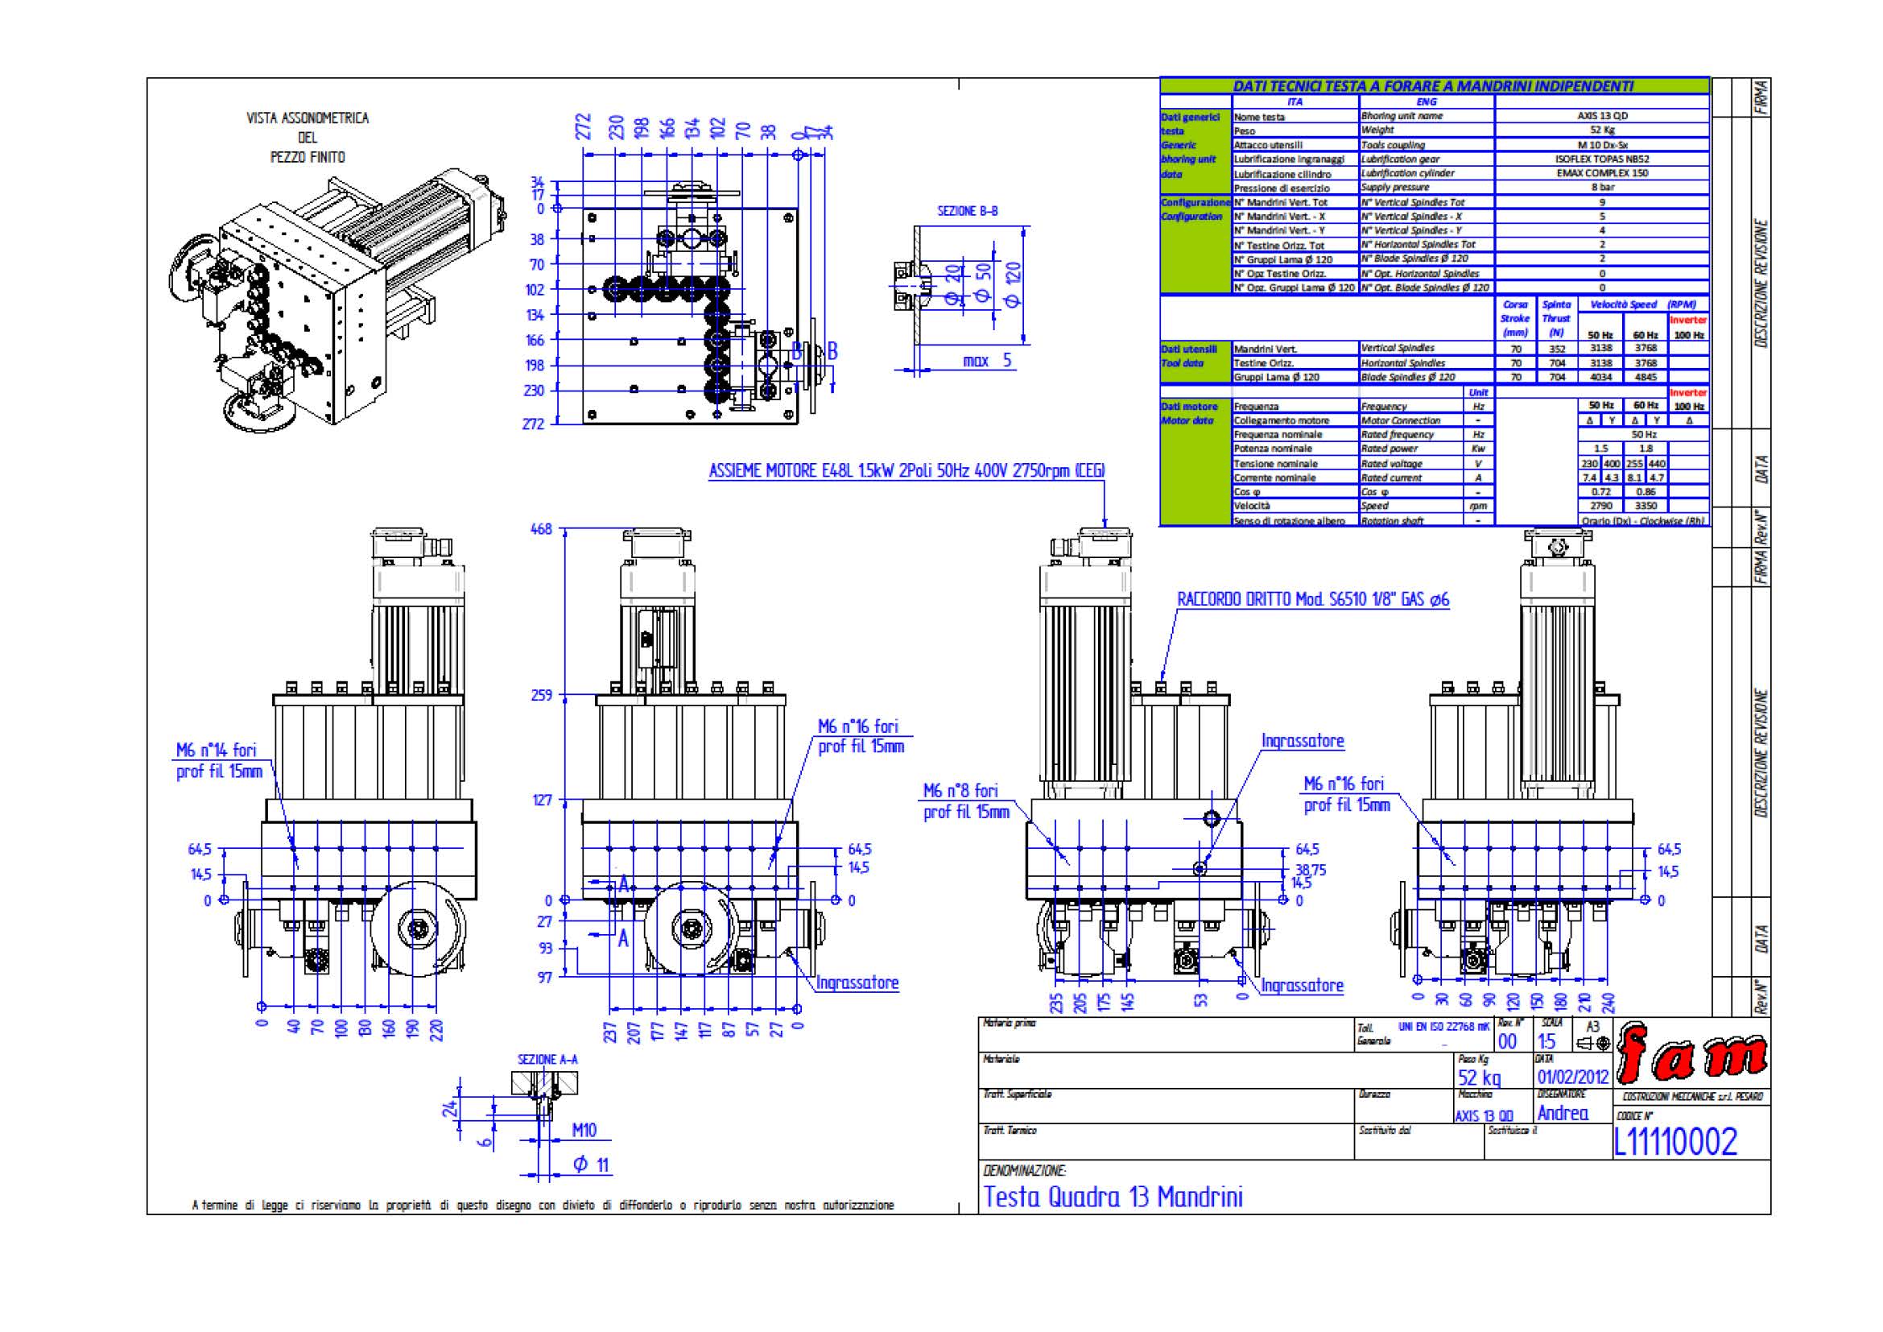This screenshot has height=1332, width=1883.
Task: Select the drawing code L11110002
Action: click(1674, 1142)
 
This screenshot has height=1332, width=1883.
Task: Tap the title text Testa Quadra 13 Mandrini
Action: click(1113, 1197)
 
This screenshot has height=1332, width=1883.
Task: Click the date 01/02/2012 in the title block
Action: click(1573, 1077)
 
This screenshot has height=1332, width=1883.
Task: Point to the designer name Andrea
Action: click(1563, 1113)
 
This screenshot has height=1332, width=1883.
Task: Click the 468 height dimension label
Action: click(541, 530)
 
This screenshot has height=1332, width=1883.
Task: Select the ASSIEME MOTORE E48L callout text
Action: click(906, 471)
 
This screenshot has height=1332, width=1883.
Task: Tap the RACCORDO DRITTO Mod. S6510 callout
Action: click(1312, 600)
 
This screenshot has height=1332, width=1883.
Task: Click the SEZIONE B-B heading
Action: click(968, 212)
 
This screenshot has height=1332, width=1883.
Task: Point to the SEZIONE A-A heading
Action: click(547, 1060)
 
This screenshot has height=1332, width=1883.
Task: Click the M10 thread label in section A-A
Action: click(584, 1130)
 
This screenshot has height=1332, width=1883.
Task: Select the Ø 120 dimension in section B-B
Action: click(1013, 283)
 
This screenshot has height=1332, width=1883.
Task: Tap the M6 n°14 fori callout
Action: click(217, 750)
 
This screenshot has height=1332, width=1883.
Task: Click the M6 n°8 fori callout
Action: click(960, 791)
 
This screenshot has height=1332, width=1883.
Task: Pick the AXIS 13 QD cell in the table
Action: click(1602, 116)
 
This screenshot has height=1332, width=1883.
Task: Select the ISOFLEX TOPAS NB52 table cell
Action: click(1602, 159)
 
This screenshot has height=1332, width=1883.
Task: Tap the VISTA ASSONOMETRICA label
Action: click(308, 118)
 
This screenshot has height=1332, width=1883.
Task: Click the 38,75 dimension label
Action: click(1311, 870)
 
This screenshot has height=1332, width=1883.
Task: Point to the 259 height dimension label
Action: click(541, 696)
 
